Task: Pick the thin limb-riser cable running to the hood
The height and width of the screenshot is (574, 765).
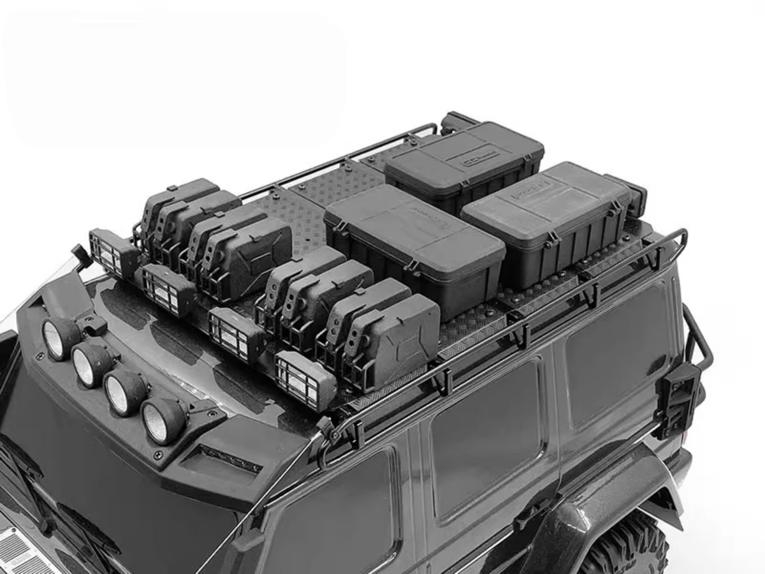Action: [x=255, y=504]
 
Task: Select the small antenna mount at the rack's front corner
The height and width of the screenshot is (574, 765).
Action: [x=81, y=254]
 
